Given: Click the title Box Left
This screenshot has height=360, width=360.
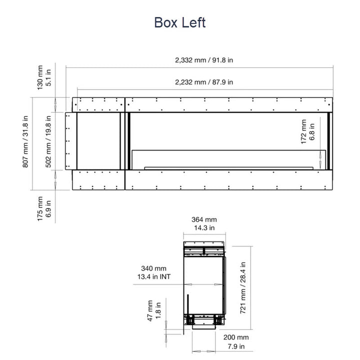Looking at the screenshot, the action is tap(180, 22).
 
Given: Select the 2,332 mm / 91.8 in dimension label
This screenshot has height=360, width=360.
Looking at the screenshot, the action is tap(204, 60).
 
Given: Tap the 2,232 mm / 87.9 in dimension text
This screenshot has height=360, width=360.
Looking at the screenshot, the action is tap(204, 82).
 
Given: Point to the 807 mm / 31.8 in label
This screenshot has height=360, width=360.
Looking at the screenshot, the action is tap(25, 141).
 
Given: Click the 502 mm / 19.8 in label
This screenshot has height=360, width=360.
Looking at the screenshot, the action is tap(48, 141).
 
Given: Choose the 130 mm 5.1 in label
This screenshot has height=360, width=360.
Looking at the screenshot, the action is tap(44, 77).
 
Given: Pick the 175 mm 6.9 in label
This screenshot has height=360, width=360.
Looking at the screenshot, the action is tap(44, 208).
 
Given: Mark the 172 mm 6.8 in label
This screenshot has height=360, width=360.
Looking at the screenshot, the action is tap(307, 132).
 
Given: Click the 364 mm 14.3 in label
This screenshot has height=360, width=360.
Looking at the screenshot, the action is tap(204, 223).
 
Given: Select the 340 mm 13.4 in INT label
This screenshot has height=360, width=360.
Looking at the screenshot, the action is tap(154, 272).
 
